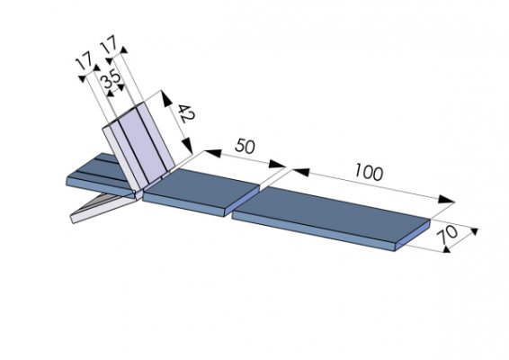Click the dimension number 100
(369, 172)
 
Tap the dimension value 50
(245, 146)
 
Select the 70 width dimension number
(447, 234)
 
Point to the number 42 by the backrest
(186, 113)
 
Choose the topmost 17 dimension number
(109, 44)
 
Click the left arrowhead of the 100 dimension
(300, 172)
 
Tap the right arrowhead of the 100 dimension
(446, 199)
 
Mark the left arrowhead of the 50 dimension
(213, 153)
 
